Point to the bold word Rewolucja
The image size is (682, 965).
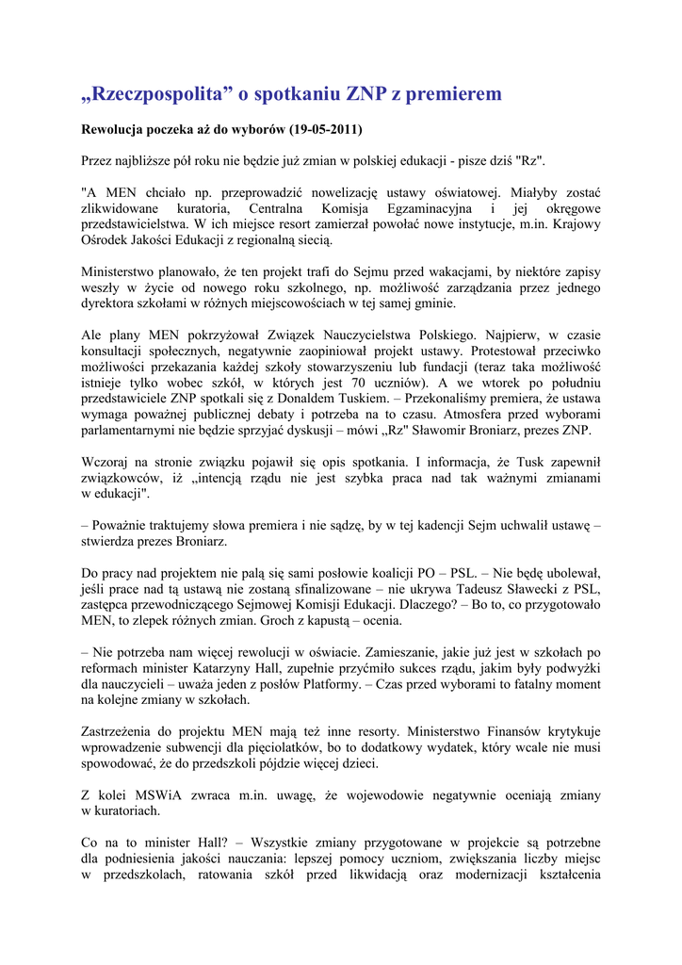pyautogui.click(x=116, y=129)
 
